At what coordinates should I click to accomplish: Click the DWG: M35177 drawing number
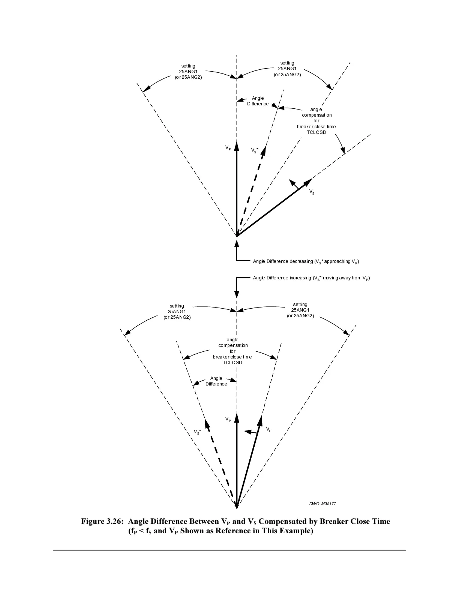pyautogui.click(x=322, y=503)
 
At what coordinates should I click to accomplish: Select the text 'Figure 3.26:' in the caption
pyautogui.click(x=103, y=521)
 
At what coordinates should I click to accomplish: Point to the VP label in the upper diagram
pyautogui.click(x=228, y=148)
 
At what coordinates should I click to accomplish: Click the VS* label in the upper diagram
pyautogui.click(x=255, y=150)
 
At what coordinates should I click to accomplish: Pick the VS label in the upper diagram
pyautogui.click(x=312, y=192)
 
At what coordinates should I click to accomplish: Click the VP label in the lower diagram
pyautogui.click(x=228, y=419)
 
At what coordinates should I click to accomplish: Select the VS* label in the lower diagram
pyautogui.click(x=197, y=432)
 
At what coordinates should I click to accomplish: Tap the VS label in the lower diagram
pyautogui.click(x=268, y=429)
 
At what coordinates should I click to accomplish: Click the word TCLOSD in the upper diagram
pyautogui.click(x=316, y=132)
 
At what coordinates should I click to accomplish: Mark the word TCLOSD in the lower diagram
pyautogui.click(x=232, y=363)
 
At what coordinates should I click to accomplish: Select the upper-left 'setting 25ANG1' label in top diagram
pyautogui.click(x=188, y=72)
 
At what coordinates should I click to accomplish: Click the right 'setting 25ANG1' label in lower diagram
pyautogui.click(x=300, y=310)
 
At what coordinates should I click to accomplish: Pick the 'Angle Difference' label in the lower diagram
pyautogui.click(x=216, y=381)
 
